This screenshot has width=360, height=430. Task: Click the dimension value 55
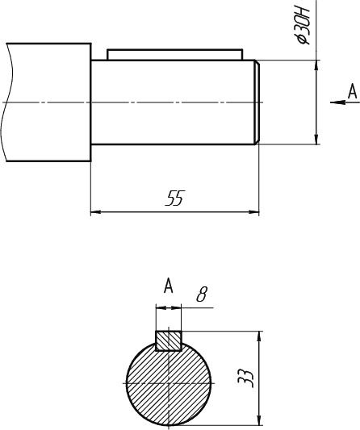(175, 198)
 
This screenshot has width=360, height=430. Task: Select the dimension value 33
(245, 378)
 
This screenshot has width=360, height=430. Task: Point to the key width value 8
(202, 294)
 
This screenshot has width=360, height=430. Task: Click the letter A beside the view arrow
(352, 92)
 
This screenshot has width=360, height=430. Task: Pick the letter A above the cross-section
(169, 286)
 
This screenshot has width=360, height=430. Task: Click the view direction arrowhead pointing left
(337, 102)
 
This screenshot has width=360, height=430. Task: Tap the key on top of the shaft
(175, 55)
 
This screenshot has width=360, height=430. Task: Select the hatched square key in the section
(169, 341)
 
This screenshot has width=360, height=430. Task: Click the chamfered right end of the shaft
(257, 102)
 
